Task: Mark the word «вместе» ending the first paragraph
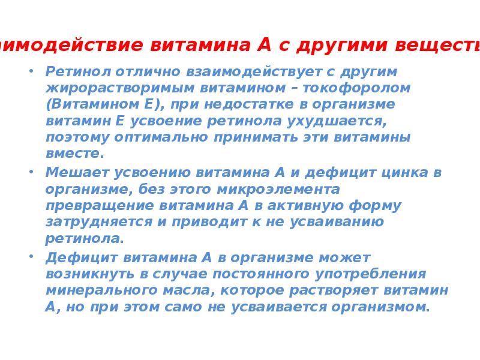click(x=73, y=154)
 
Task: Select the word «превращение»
click(x=99, y=206)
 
